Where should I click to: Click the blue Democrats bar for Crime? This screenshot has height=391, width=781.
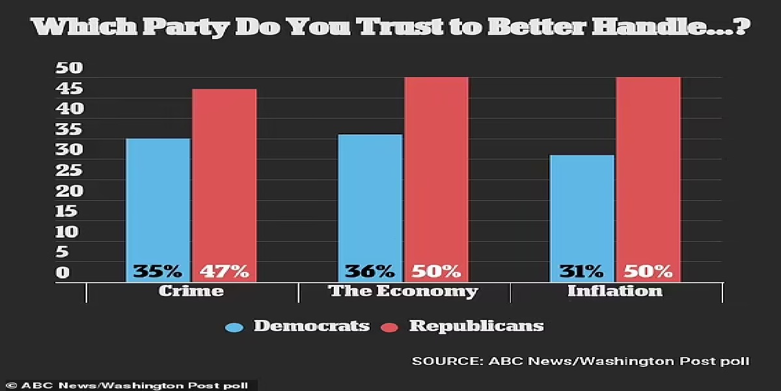(158, 202)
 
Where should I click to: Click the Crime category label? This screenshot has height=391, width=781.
(191, 291)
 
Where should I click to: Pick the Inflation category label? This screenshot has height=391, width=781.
(615, 291)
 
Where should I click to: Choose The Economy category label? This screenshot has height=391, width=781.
(404, 291)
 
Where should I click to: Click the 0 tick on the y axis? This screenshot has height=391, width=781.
(62, 272)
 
